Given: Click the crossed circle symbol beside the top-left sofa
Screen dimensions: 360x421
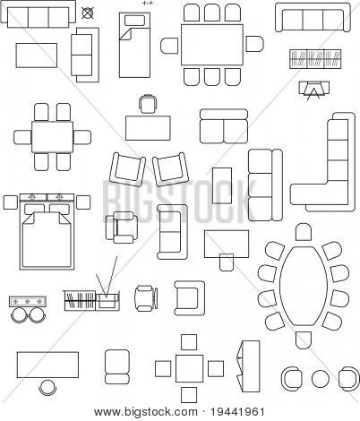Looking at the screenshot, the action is (87, 13).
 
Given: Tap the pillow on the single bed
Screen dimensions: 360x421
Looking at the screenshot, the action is (134, 21).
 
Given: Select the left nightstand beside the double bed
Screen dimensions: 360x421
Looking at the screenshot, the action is (11, 202).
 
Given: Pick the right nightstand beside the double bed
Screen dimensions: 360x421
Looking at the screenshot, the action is (83, 202).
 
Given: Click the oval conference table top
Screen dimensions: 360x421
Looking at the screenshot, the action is (304, 286).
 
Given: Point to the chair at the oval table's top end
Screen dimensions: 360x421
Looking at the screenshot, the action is (304, 232).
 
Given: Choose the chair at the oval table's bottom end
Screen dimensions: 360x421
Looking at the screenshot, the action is (304, 340).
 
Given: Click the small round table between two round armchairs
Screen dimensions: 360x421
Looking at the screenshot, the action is (321, 379).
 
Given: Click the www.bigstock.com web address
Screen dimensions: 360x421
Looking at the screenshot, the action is (146, 413).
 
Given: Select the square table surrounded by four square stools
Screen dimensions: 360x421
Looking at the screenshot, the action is (189, 369).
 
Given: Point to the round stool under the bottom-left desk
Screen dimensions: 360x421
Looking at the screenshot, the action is (47, 387).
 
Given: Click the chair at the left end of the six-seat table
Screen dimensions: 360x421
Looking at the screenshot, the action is (169, 46).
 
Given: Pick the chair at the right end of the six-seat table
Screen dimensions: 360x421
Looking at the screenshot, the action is (254, 44).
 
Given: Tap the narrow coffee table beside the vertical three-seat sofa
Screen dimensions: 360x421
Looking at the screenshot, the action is (222, 185).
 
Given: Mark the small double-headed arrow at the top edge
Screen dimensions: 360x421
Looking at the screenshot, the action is (148, 3).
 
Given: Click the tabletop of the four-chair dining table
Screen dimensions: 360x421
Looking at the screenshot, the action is (53, 137).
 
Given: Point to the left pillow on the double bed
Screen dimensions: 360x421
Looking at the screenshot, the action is (35, 209).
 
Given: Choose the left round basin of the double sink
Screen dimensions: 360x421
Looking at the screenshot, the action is (20, 315).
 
